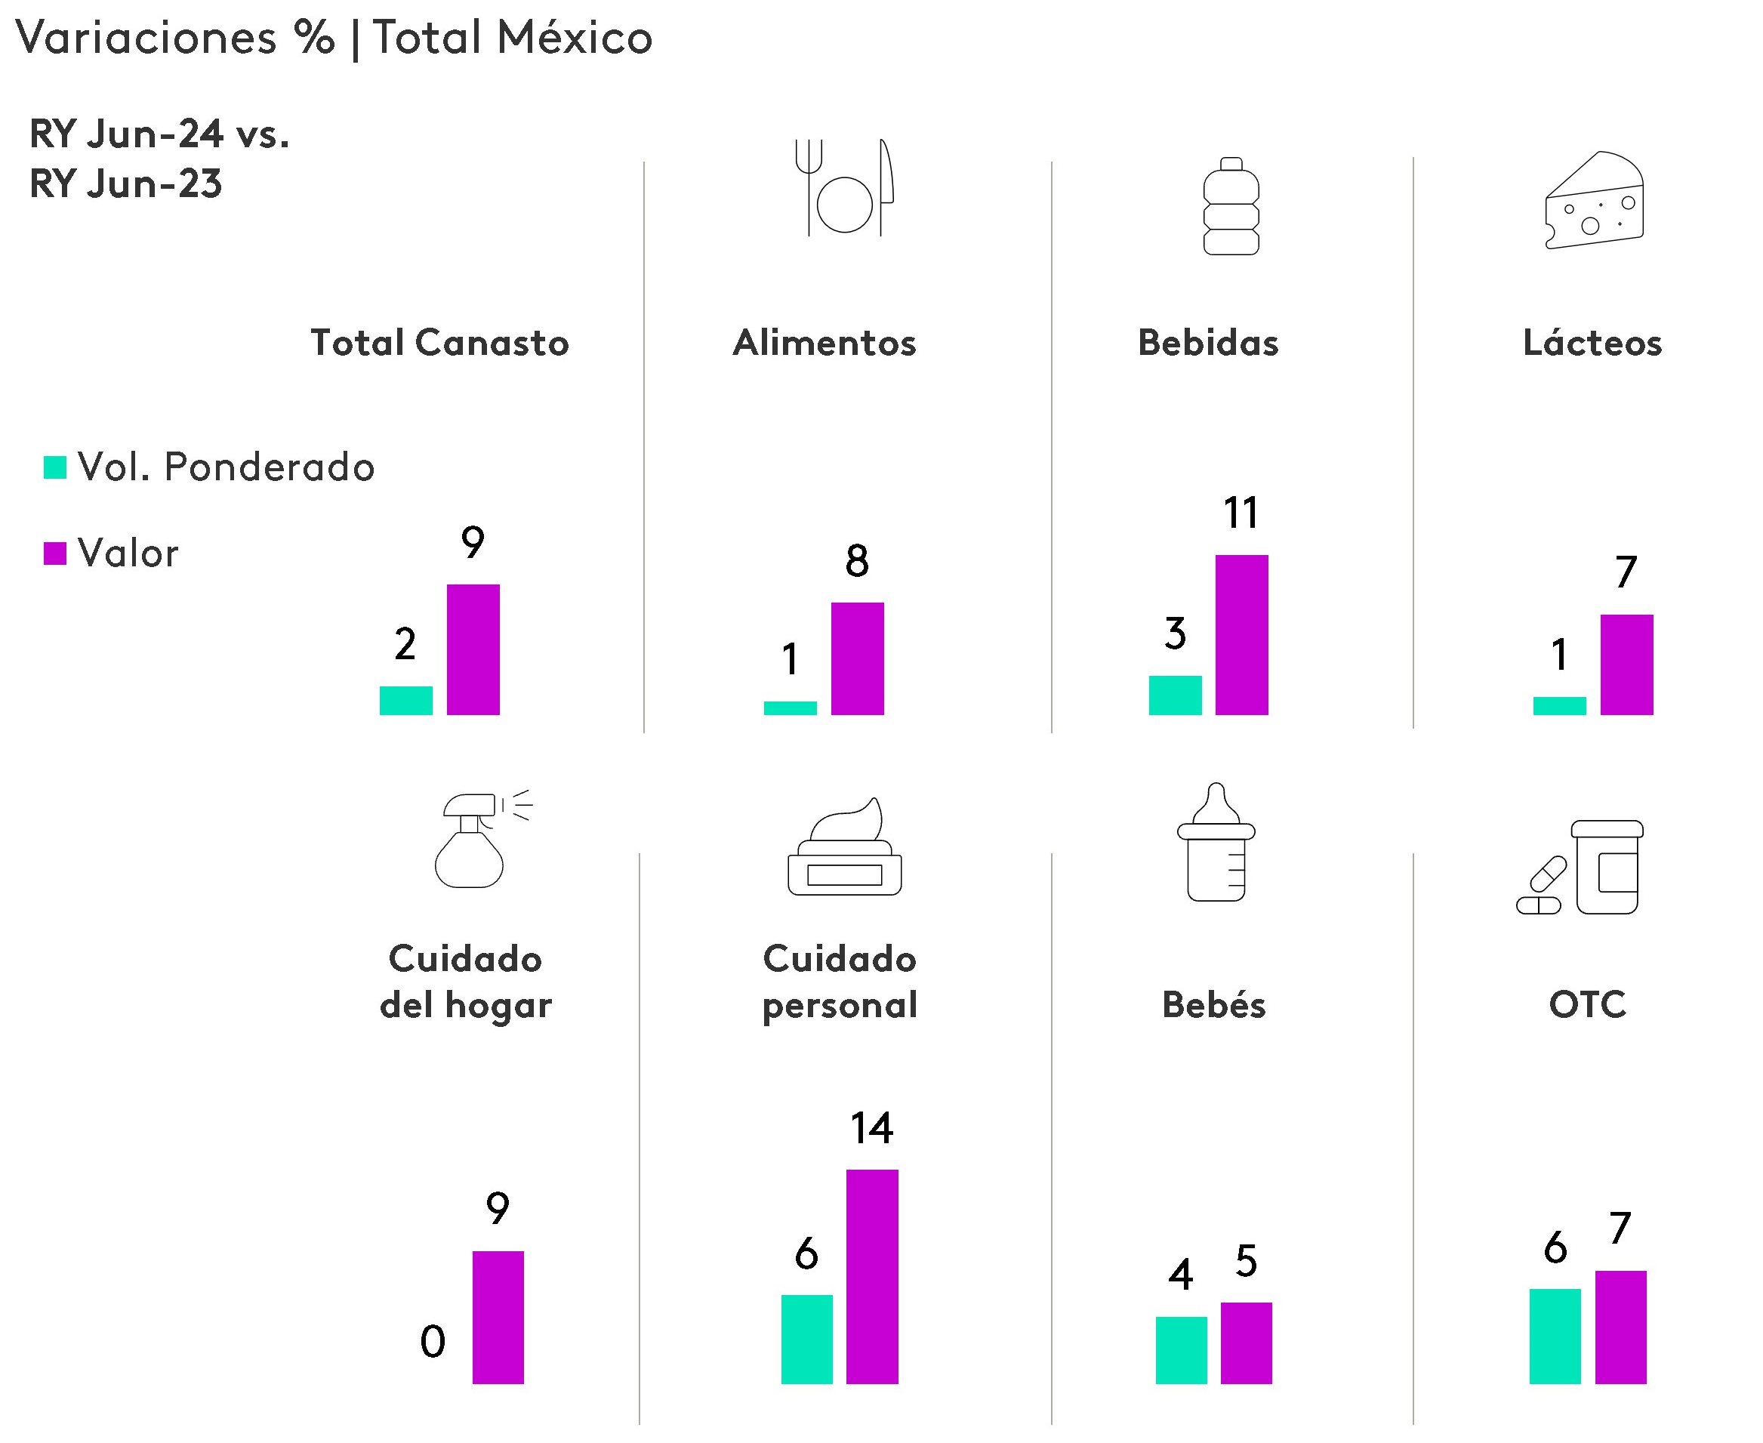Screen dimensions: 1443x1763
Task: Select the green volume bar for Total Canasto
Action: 405,700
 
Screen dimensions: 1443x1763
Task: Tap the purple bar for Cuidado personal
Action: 872,1277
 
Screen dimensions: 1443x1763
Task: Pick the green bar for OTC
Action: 1555,1336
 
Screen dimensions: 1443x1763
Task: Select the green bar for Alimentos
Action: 790,708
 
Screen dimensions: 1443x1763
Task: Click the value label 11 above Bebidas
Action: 1241,513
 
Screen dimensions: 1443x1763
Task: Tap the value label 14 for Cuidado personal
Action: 871,1129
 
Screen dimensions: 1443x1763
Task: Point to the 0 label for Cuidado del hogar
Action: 432,1341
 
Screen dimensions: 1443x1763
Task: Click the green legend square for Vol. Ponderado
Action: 55,467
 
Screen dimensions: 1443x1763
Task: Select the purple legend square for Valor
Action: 55,553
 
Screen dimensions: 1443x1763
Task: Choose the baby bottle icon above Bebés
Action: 1216,843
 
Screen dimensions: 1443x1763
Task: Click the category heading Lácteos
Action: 1592,344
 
